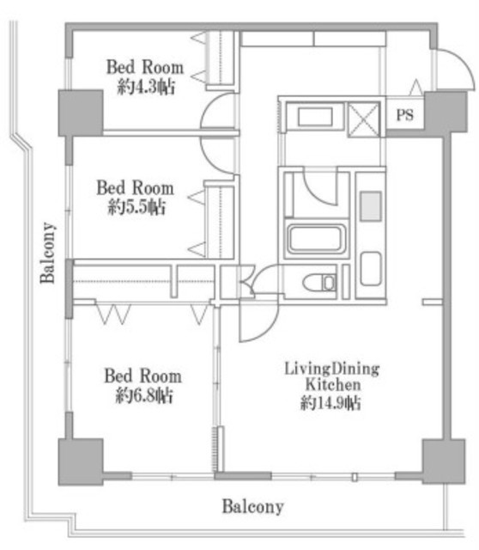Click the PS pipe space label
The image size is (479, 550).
pyautogui.click(x=404, y=114)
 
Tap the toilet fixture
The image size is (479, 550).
pyautogui.click(x=319, y=283)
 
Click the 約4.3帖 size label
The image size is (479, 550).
pyautogui.click(x=146, y=87)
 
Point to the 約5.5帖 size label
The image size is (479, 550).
pyautogui.click(x=136, y=207)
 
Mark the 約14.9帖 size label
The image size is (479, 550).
pyautogui.click(x=330, y=403)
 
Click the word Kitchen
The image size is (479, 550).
pyautogui.click(x=333, y=384)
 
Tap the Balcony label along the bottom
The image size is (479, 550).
pyautogui.click(x=252, y=506)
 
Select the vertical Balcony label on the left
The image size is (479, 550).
pyautogui.click(x=48, y=252)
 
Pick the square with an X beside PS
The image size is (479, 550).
pyautogui.click(x=364, y=119)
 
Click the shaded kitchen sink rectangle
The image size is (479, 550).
pyautogui.click(x=371, y=206)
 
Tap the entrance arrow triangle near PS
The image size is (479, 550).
pyautogui.click(x=416, y=88)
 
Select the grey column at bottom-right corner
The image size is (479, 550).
pyautogui.click(x=444, y=461)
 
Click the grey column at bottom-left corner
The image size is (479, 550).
pyautogui.click(x=81, y=461)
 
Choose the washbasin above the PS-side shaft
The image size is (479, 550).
pyautogui.click(x=315, y=117)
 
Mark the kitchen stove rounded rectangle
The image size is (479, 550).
pyautogui.click(x=371, y=268)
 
